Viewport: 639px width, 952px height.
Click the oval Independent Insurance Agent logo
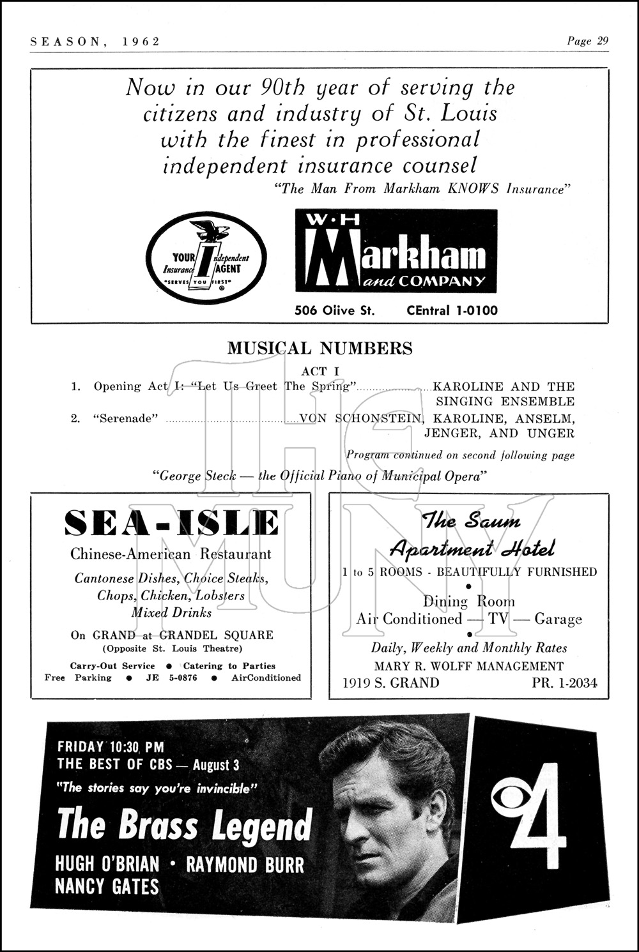206,258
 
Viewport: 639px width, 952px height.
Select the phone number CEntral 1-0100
452,311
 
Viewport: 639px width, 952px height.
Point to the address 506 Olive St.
334,311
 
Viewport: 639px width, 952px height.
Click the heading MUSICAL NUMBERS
319,349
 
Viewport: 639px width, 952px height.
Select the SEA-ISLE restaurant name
171,524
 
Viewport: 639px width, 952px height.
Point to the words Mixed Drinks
171,612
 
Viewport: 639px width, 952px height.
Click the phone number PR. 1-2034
564,683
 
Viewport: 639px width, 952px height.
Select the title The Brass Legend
185,825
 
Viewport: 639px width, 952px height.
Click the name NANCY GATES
107,886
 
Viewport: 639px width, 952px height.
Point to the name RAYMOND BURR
245,865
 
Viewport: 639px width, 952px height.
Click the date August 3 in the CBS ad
217,764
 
